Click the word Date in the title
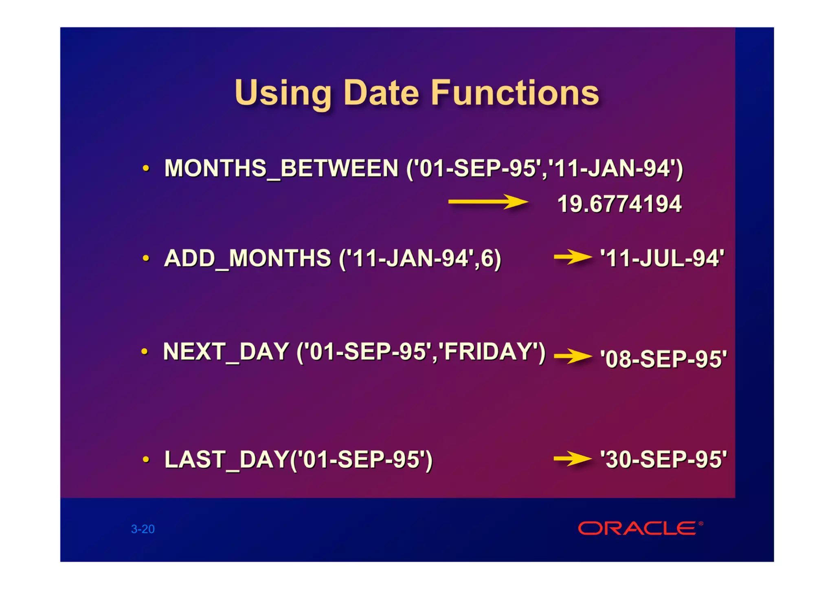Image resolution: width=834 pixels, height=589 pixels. [381, 93]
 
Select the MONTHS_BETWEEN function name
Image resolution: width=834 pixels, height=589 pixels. [281, 168]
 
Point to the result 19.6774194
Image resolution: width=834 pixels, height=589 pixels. [619, 204]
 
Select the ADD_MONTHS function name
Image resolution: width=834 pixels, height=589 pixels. [247, 259]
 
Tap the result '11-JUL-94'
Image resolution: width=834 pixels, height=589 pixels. [662, 259]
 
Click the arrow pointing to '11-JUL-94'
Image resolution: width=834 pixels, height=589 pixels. [572, 257]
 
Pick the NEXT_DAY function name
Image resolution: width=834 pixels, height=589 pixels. [226, 352]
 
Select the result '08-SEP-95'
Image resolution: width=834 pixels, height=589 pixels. [663, 359]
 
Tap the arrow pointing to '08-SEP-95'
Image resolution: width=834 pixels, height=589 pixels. [572, 356]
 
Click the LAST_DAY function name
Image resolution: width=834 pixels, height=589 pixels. [226, 460]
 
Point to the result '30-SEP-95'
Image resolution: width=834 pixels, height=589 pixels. [663, 460]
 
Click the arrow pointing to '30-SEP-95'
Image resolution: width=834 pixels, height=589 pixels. [572, 459]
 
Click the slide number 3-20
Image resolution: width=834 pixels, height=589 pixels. [143, 529]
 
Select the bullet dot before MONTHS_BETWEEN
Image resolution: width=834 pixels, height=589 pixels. [146, 168]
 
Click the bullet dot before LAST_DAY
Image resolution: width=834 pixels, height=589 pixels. [146, 460]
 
